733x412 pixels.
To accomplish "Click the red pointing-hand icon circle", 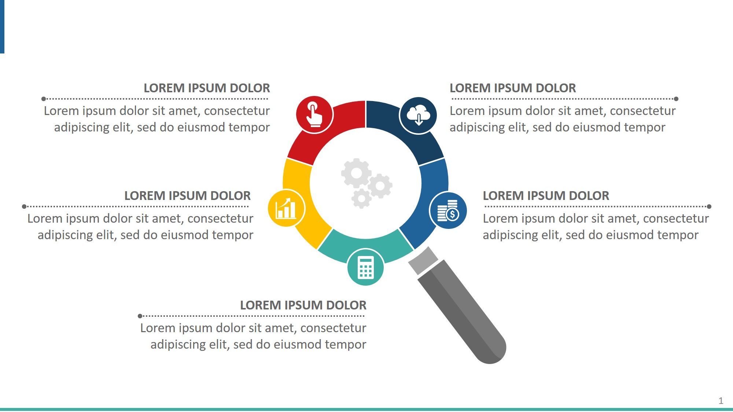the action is [x=314, y=115].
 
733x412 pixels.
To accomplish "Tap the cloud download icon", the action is [x=418, y=115].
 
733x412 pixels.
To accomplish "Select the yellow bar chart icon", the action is [x=286, y=208].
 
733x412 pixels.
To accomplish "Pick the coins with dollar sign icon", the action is [x=448, y=210].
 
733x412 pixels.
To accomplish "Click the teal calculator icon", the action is [x=365, y=267].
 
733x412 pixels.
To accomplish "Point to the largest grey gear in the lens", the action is [x=356, y=173].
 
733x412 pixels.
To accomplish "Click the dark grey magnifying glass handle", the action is [x=462, y=311].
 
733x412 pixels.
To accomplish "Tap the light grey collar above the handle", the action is [x=423, y=261].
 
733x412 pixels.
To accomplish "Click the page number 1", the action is [x=721, y=401].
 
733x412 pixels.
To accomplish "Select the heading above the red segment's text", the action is [x=207, y=88].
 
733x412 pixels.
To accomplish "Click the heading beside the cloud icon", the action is [x=513, y=88].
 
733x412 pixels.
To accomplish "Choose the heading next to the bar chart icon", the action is [x=187, y=196].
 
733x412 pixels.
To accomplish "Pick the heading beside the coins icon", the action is [x=546, y=196].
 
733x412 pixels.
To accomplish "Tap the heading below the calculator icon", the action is [x=303, y=305].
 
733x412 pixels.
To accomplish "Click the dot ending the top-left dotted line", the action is [x=44, y=99].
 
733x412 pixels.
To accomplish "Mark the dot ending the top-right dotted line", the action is [x=676, y=99].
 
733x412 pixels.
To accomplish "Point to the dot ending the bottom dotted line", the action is [x=140, y=316].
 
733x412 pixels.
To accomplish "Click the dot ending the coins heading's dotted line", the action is [x=709, y=207].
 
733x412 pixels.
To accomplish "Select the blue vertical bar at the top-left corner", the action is [x=2, y=27].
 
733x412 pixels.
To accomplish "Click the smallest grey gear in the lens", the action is [x=362, y=199].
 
